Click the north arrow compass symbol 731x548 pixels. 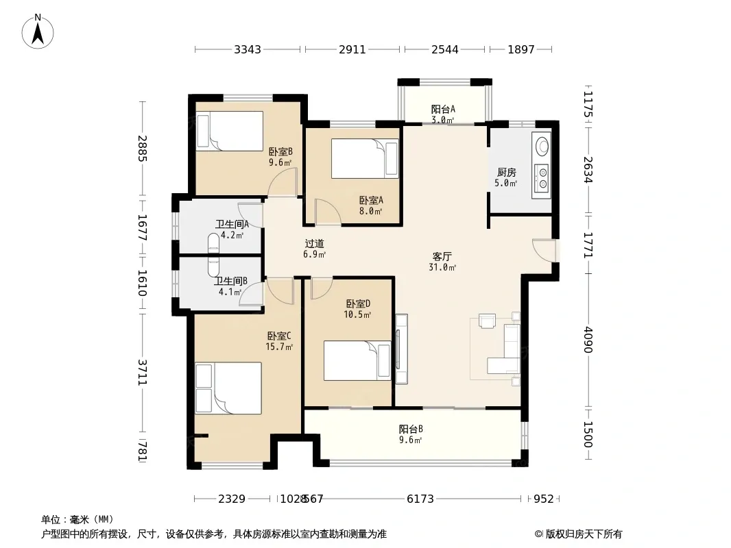(x=38, y=32)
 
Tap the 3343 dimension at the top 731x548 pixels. (x=248, y=49)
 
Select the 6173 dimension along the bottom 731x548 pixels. (x=420, y=499)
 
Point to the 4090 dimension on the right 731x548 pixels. (x=588, y=340)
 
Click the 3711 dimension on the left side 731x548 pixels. (x=143, y=372)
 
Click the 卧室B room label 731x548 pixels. (x=280, y=152)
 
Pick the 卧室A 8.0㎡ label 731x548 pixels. (x=371, y=206)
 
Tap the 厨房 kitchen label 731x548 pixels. (x=506, y=172)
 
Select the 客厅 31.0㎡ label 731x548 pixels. (x=442, y=262)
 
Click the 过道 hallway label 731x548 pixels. (x=314, y=243)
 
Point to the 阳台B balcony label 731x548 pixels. (x=411, y=429)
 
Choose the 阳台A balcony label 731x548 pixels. (x=443, y=110)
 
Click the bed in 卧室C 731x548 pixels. (x=228, y=388)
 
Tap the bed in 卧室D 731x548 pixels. (x=357, y=360)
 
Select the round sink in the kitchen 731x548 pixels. (x=542, y=146)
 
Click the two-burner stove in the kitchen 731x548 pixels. (x=542, y=178)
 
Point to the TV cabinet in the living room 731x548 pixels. (x=401, y=349)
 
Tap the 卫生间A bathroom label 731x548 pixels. (x=232, y=224)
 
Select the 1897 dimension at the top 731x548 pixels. (x=520, y=49)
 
